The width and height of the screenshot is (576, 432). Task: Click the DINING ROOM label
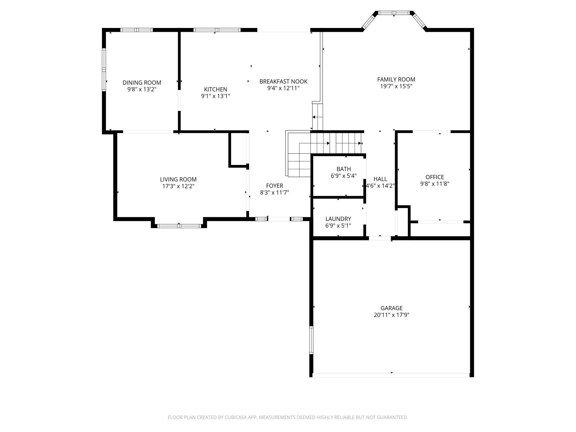coord(142,83)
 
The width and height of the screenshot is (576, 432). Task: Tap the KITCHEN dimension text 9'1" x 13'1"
coord(216,96)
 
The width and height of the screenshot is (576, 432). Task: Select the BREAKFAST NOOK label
coord(283,81)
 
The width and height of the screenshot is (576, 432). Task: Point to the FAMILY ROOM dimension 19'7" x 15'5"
coord(396,86)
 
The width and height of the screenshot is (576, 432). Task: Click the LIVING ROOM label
coord(178,179)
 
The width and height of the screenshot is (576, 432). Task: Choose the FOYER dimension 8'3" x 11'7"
coord(274,192)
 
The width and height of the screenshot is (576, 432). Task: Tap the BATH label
coord(344,169)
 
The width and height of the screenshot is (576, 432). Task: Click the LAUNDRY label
coord(338,219)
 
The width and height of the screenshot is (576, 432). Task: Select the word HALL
coord(380,179)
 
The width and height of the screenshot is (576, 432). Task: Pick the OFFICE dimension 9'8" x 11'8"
coord(435,184)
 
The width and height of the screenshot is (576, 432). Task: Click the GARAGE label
coord(392,308)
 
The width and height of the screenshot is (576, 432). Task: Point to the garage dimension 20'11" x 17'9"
coord(392,315)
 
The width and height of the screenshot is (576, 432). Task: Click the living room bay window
coord(179,226)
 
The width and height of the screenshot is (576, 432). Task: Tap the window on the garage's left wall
coord(311,340)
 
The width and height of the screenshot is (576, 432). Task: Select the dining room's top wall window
coord(137,30)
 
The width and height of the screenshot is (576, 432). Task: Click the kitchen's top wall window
coord(217,30)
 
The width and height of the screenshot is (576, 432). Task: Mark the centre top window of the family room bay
coord(394,13)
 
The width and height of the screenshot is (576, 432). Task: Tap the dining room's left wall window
coord(104,70)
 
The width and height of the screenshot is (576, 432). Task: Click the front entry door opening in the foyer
coord(279,219)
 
